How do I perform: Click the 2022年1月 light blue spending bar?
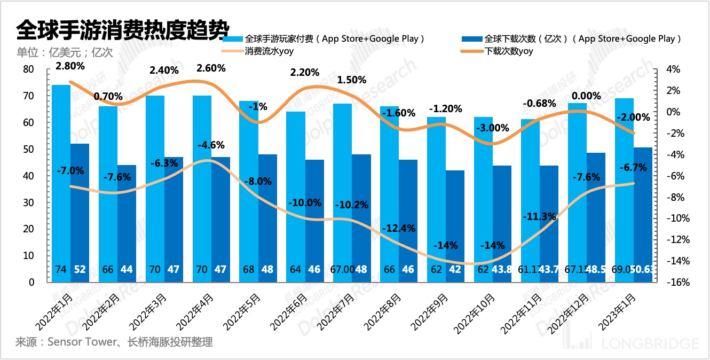(61, 182)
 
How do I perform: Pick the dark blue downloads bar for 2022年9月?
(455, 224)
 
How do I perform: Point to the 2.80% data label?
(70, 67)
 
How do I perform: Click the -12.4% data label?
(399, 229)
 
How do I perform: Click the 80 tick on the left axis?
(28, 69)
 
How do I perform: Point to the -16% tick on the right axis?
(673, 282)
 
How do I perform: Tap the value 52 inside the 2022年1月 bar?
(80, 270)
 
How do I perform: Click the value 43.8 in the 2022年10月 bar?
(502, 270)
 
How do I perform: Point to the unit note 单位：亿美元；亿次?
(65, 52)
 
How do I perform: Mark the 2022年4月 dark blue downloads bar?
(220, 219)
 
